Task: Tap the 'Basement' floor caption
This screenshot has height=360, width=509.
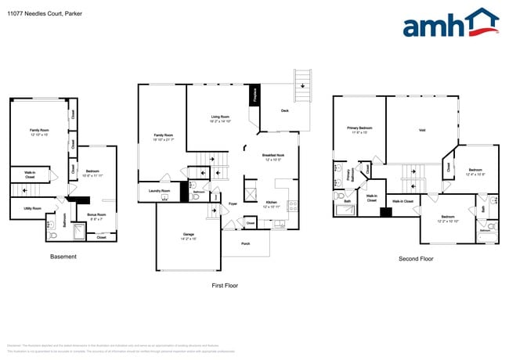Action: click(x=63, y=257)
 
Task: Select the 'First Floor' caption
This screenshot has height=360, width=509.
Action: click(x=225, y=285)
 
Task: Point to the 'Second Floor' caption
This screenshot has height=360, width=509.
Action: click(x=415, y=258)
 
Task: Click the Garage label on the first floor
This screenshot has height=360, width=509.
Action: click(x=188, y=235)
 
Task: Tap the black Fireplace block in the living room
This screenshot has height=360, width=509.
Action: click(x=254, y=95)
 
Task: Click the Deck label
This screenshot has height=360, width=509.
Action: click(x=286, y=110)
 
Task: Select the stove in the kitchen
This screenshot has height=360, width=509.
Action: click(x=291, y=207)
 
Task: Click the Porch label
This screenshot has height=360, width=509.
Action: click(x=245, y=243)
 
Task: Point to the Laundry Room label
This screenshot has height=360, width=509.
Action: click(x=160, y=190)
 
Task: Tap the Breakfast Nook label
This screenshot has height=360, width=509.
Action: click(x=273, y=156)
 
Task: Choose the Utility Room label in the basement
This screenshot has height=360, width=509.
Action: click(x=31, y=208)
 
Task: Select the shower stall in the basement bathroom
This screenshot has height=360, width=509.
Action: click(x=78, y=232)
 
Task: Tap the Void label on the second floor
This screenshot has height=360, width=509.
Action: click(x=422, y=131)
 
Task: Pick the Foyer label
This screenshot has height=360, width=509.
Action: click(x=233, y=203)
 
